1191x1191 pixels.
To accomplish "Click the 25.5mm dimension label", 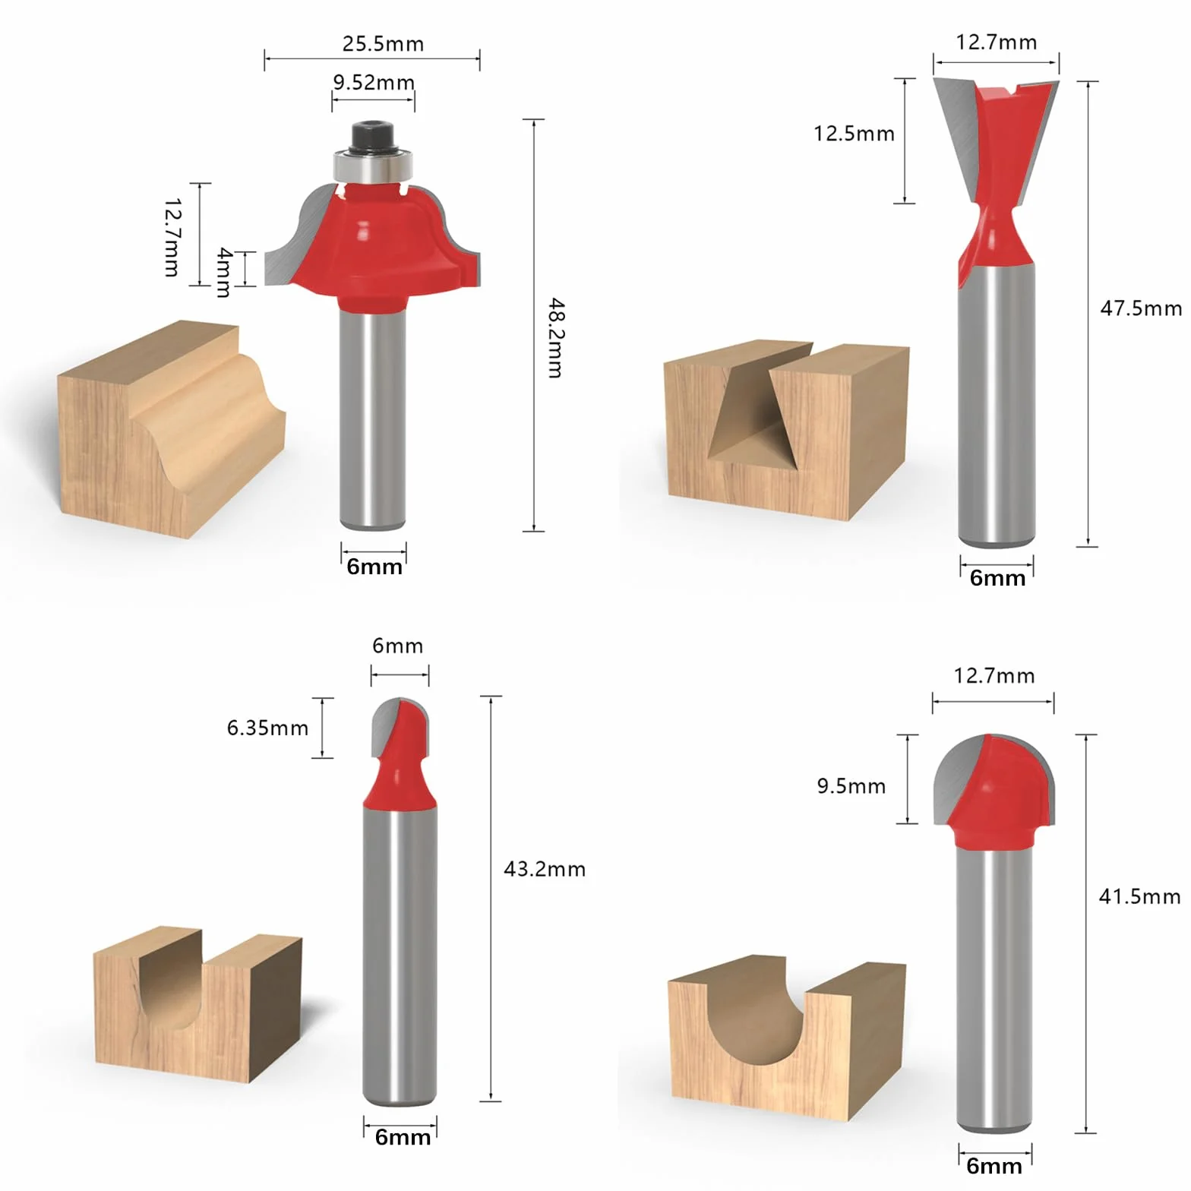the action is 383,43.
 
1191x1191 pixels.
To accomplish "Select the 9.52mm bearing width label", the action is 374,82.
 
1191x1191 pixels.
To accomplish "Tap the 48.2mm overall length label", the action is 556,338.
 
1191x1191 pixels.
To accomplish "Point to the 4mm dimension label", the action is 224,271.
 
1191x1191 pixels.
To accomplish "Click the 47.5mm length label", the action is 1141,308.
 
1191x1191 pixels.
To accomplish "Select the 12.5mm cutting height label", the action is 854,134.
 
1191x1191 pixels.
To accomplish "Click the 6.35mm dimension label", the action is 267,728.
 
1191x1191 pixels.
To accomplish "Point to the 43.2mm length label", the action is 545,869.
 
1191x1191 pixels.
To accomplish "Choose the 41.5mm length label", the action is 1139,897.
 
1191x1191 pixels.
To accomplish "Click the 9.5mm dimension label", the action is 851,786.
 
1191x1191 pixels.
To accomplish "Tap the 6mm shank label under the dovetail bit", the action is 997,578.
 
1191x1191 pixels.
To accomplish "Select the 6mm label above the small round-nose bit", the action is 397,646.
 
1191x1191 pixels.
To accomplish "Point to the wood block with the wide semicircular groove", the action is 786,1037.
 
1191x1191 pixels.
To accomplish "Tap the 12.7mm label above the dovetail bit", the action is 996,42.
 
